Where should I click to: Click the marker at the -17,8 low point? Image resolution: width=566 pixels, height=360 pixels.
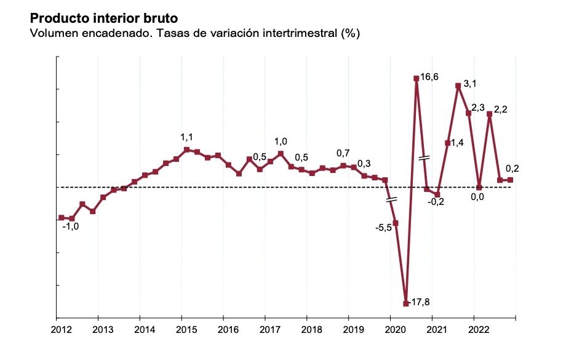[405, 303]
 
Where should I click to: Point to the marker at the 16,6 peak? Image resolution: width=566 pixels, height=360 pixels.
[417, 78]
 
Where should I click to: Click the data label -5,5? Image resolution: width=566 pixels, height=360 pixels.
[384, 228]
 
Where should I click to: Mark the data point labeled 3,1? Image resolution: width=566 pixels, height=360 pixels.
[458, 86]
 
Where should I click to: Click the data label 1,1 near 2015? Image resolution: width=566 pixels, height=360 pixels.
[187, 137]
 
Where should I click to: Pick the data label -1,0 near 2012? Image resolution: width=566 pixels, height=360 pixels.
[71, 226]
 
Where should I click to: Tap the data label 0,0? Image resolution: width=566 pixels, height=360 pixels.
[477, 197]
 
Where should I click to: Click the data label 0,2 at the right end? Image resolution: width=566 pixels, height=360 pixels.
[512, 169]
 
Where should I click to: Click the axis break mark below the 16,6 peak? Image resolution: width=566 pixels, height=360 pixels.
[423, 158]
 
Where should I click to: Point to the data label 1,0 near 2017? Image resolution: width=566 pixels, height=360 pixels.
[281, 141]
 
